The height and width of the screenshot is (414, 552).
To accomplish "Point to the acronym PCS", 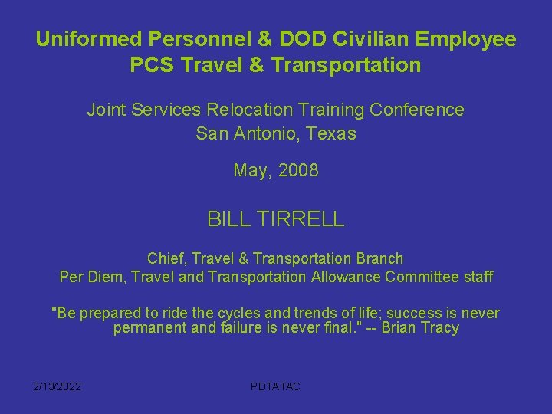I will coord(151,65).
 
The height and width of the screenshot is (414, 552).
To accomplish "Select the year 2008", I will coord(298,171).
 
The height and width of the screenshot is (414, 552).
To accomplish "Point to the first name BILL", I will coord(228,220).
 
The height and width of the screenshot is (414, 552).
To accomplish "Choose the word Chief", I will coord(166,259).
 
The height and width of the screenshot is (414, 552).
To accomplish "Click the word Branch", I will coord(376,259).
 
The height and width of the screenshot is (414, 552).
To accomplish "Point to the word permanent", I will coord(149,329).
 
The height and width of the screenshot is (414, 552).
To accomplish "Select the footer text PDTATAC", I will coord(275,386).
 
